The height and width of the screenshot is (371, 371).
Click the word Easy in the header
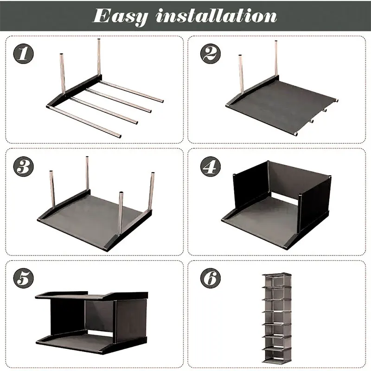point(121,17)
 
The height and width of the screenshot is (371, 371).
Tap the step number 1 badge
point(24,54)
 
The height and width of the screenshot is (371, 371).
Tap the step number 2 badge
point(211,54)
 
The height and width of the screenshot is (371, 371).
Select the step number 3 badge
point(24,166)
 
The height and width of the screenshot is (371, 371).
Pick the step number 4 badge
point(211,166)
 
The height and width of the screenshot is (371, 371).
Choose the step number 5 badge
point(24,278)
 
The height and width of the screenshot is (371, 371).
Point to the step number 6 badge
point(211,278)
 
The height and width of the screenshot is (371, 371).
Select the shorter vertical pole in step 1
point(63,74)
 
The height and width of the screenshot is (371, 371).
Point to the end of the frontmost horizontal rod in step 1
point(120,136)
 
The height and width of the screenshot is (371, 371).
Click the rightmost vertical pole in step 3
point(151,191)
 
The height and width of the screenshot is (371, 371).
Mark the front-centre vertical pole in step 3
point(121,213)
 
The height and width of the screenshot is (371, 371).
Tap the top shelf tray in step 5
point(92,296)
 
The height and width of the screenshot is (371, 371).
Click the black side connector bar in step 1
point(74,91)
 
